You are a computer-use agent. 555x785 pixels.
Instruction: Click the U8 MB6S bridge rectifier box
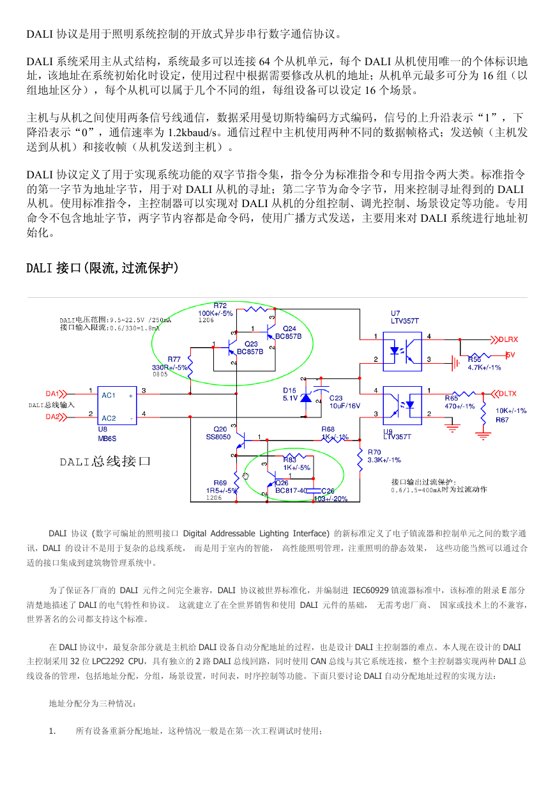pyautogui.click(x=117, y=405)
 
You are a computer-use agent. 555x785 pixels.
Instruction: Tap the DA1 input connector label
pyautogui.click(x=52, y=394)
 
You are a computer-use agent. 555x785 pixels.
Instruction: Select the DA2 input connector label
pyautogui.click(x=52, y=417)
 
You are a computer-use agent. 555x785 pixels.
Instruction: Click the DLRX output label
pyautogui.click(x=508, y=339)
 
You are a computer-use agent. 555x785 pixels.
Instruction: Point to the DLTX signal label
pyautogui.click(x=508, y=394)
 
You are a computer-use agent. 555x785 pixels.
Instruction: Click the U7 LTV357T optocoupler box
pyautogui.click(x=402, y=352)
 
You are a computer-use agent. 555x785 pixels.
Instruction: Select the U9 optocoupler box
pyautogui.click(x=402, y=405)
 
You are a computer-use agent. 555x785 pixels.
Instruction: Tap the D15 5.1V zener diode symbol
pyautogui.click(x=306, y=398)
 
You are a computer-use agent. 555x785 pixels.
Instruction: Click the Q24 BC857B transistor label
pyautogui.click(x=288, y=332)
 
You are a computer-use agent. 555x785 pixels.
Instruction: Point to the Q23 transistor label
pyautogui.click(x=250, y=348)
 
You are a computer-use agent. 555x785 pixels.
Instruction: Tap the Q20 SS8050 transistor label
pyautogui.click(x=218, y=433)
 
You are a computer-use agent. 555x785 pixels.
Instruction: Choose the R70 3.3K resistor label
pyautogui.click(x=384, y=456)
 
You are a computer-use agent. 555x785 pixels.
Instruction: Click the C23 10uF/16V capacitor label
pyautogui.click(x=344, y=402)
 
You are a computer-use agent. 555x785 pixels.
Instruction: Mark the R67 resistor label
pyautogui.click(x=502, y=420)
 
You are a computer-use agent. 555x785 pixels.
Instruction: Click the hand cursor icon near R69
pyautogui.click(x=245, y=476)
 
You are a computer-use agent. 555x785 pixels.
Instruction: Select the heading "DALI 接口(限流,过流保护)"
pyautogui.click(x=103, y=268)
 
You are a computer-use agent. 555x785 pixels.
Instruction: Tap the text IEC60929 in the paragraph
pyautogui.click(x=370, y=591)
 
